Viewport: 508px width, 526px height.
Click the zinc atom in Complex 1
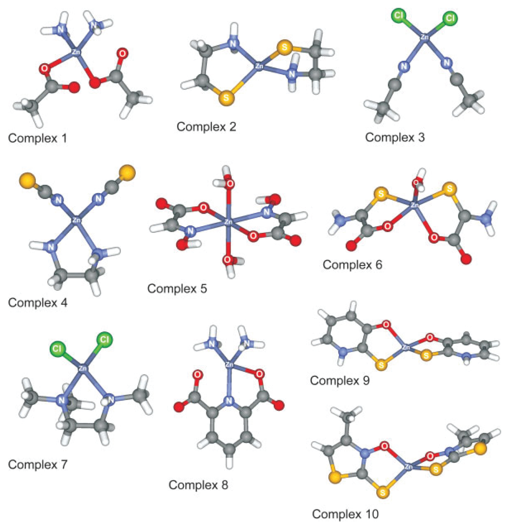click(76, 52)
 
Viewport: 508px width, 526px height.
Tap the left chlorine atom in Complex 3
click(399, 16)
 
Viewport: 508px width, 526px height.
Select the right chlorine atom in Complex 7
click(104, 339)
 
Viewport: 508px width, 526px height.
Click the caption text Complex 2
click(206, 127)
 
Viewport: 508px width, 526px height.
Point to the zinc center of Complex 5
click(228, 222)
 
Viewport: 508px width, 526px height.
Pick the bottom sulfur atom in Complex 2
click(226, 97)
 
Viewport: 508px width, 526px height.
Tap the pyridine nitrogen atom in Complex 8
click(228, 401)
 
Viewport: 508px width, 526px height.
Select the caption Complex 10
click(345, 514)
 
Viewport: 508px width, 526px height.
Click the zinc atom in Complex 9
click(406, 348)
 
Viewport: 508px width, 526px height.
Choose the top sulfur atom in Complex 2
click(284, 47)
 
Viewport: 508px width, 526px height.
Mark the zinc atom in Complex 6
click(415, 205)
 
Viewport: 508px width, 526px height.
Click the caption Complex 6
click(352, 265)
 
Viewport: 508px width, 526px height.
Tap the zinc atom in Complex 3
click(424, 37)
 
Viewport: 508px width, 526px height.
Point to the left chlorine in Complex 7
click(57, 349)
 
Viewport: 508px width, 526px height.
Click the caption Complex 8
click(198, 485)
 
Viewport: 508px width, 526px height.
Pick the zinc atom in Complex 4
click(77, 220)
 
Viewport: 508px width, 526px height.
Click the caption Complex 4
click(38, 303)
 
